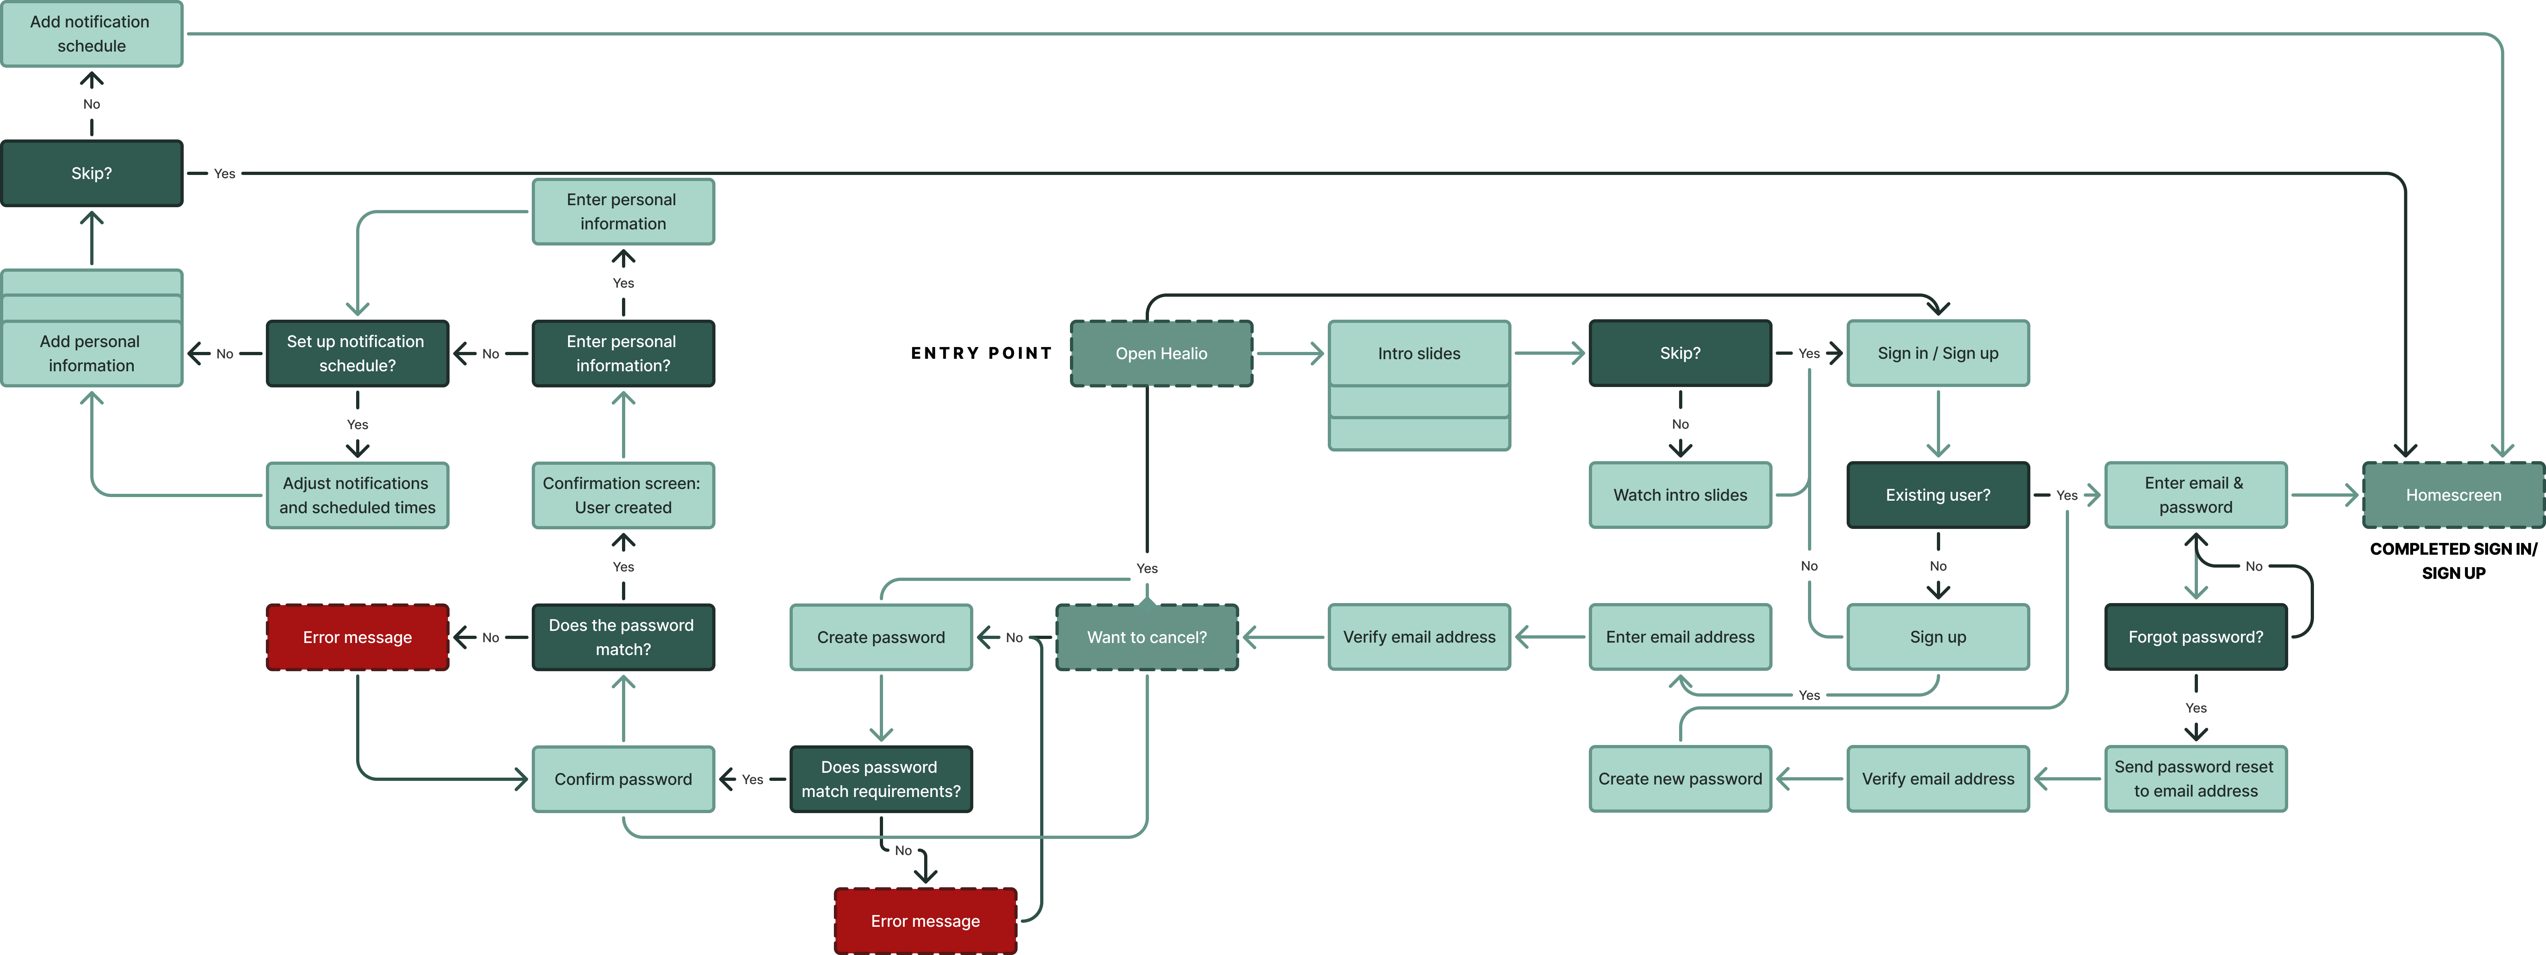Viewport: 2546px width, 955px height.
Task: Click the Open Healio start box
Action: [1161, 353]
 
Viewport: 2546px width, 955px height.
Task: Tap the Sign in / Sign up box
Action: [1937, 353]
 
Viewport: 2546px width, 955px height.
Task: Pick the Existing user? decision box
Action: [1937, 494]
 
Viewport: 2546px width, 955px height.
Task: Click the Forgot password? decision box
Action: [2195, 637]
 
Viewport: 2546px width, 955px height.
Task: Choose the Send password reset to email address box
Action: [2195, 779]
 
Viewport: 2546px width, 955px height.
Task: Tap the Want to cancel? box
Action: [1147, 637]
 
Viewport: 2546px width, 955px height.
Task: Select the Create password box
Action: [881, 637]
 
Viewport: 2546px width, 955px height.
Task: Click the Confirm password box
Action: [623, 779]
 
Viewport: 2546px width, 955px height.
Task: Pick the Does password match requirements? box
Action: [881, 779]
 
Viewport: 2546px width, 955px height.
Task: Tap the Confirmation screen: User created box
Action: [623, 494]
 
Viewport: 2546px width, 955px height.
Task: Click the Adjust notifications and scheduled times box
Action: [357, 494]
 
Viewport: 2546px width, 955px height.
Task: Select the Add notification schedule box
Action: [91, 33]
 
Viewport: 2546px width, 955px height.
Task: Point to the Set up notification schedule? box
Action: [357, 353]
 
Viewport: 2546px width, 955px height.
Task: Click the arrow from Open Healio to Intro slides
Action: [1290, 353]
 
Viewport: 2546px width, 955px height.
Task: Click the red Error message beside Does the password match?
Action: [357, 637]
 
